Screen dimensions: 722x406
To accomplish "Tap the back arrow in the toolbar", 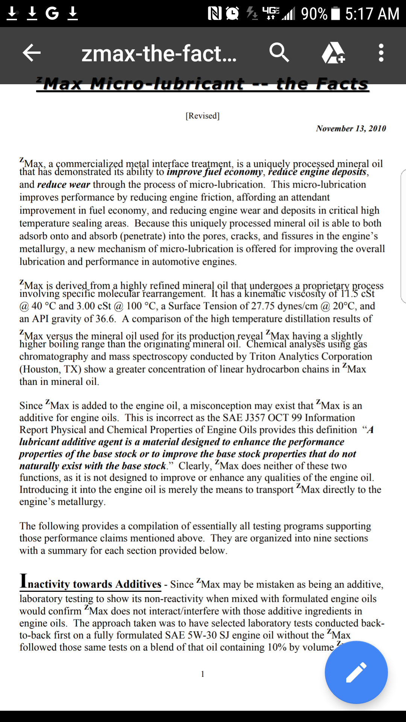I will (32, 53).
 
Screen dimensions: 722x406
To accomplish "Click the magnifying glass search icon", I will (279, 52).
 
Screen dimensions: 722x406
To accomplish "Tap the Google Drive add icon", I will (333, 53).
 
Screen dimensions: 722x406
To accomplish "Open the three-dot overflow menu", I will (381, 53).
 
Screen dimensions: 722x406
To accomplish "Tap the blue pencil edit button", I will (356, 672).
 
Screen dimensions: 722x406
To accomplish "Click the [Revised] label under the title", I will (203, 116).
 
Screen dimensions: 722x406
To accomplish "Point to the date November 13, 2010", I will (351, 129).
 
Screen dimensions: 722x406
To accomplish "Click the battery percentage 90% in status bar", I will (314, 14).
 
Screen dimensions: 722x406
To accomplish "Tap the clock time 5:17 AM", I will (372, 14).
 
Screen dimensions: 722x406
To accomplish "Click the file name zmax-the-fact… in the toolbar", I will (159, 53).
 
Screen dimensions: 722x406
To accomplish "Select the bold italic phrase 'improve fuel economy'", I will (215, 172).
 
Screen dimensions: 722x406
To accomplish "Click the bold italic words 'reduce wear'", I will (64, 185).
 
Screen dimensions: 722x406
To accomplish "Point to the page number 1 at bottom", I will (203, 674).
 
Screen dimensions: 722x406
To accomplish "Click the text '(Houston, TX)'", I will (50, 369).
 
